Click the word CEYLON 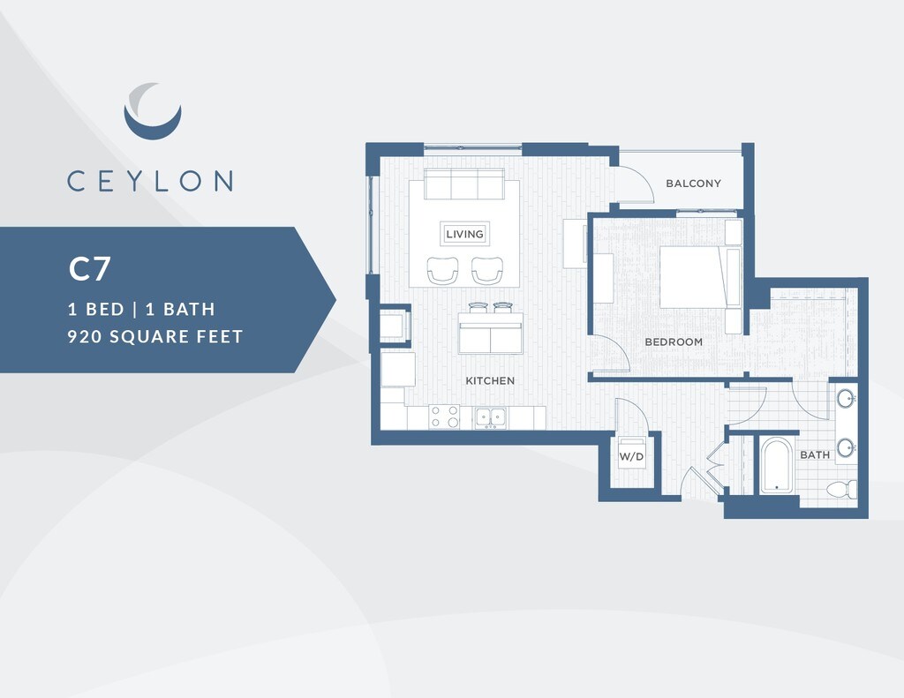pos(150,181)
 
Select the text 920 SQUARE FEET pos(155,336)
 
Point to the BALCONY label pos(693,184)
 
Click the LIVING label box pos(464,234)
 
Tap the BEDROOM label pos(674,341)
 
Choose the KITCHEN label pos(490,380)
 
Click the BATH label pos(814,455)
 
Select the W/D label pos(630,457)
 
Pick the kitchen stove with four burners pos(444,417)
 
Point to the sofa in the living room pos(464,184)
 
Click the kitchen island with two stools pos(490,333)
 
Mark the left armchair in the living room pos(443,270)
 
